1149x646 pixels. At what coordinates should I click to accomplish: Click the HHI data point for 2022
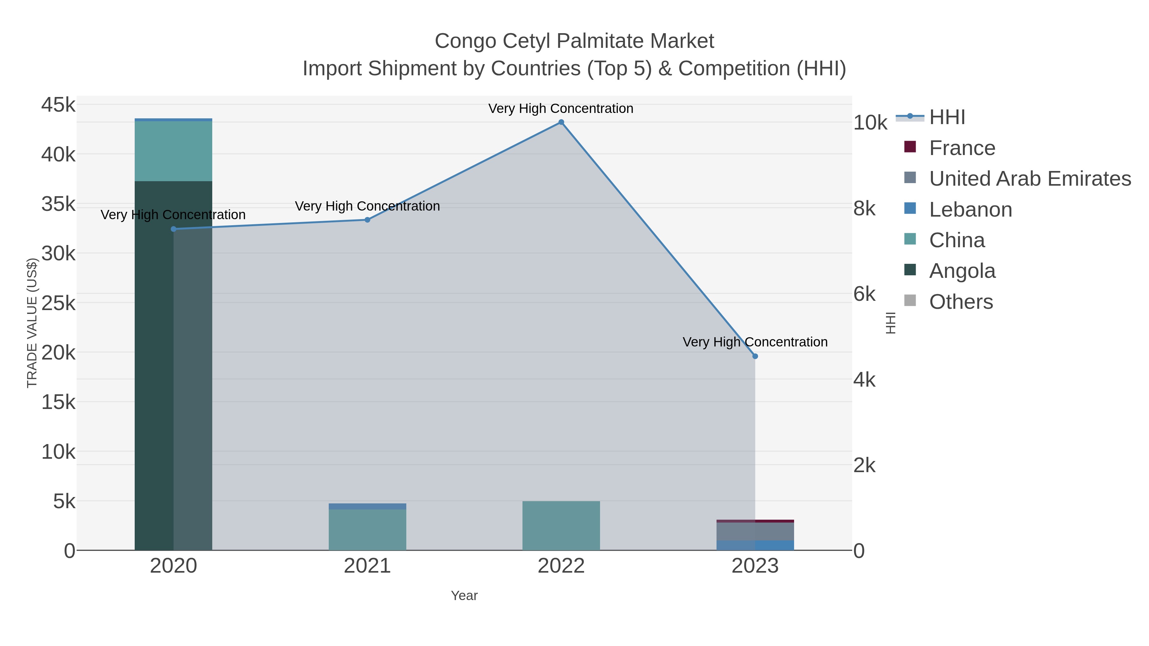click(x=561, y=122)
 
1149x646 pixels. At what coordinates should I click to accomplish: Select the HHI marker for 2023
click(x=755, y=356)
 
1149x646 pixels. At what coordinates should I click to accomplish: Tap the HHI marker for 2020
click(x=174, y=229)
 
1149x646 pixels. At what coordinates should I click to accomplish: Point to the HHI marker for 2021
click(x=368, y=220)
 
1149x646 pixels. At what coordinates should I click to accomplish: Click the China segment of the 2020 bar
click(x=174, y=151)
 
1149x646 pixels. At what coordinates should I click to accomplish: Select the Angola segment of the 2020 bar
click(x=174, y=366)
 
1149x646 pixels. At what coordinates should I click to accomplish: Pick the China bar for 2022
click(x=561, y=526)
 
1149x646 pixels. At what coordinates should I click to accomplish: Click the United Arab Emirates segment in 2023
click(x=755, y=531)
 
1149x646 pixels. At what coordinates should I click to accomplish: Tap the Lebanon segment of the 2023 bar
click(x=755, y=545)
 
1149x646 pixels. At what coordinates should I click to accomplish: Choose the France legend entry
click(x=962, y=148)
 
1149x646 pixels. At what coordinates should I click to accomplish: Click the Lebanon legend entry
click(x=970, y=210)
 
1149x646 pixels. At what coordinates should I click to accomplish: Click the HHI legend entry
click(x=947, y=117)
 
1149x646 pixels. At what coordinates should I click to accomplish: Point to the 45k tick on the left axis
click(x=58, y=105)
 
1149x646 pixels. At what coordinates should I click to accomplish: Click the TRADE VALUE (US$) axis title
click(x=32, y=323)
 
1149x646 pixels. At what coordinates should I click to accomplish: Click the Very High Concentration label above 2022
click(x=561, y=108)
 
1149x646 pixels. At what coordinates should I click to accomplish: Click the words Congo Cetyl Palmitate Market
click(x=574, y=41)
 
